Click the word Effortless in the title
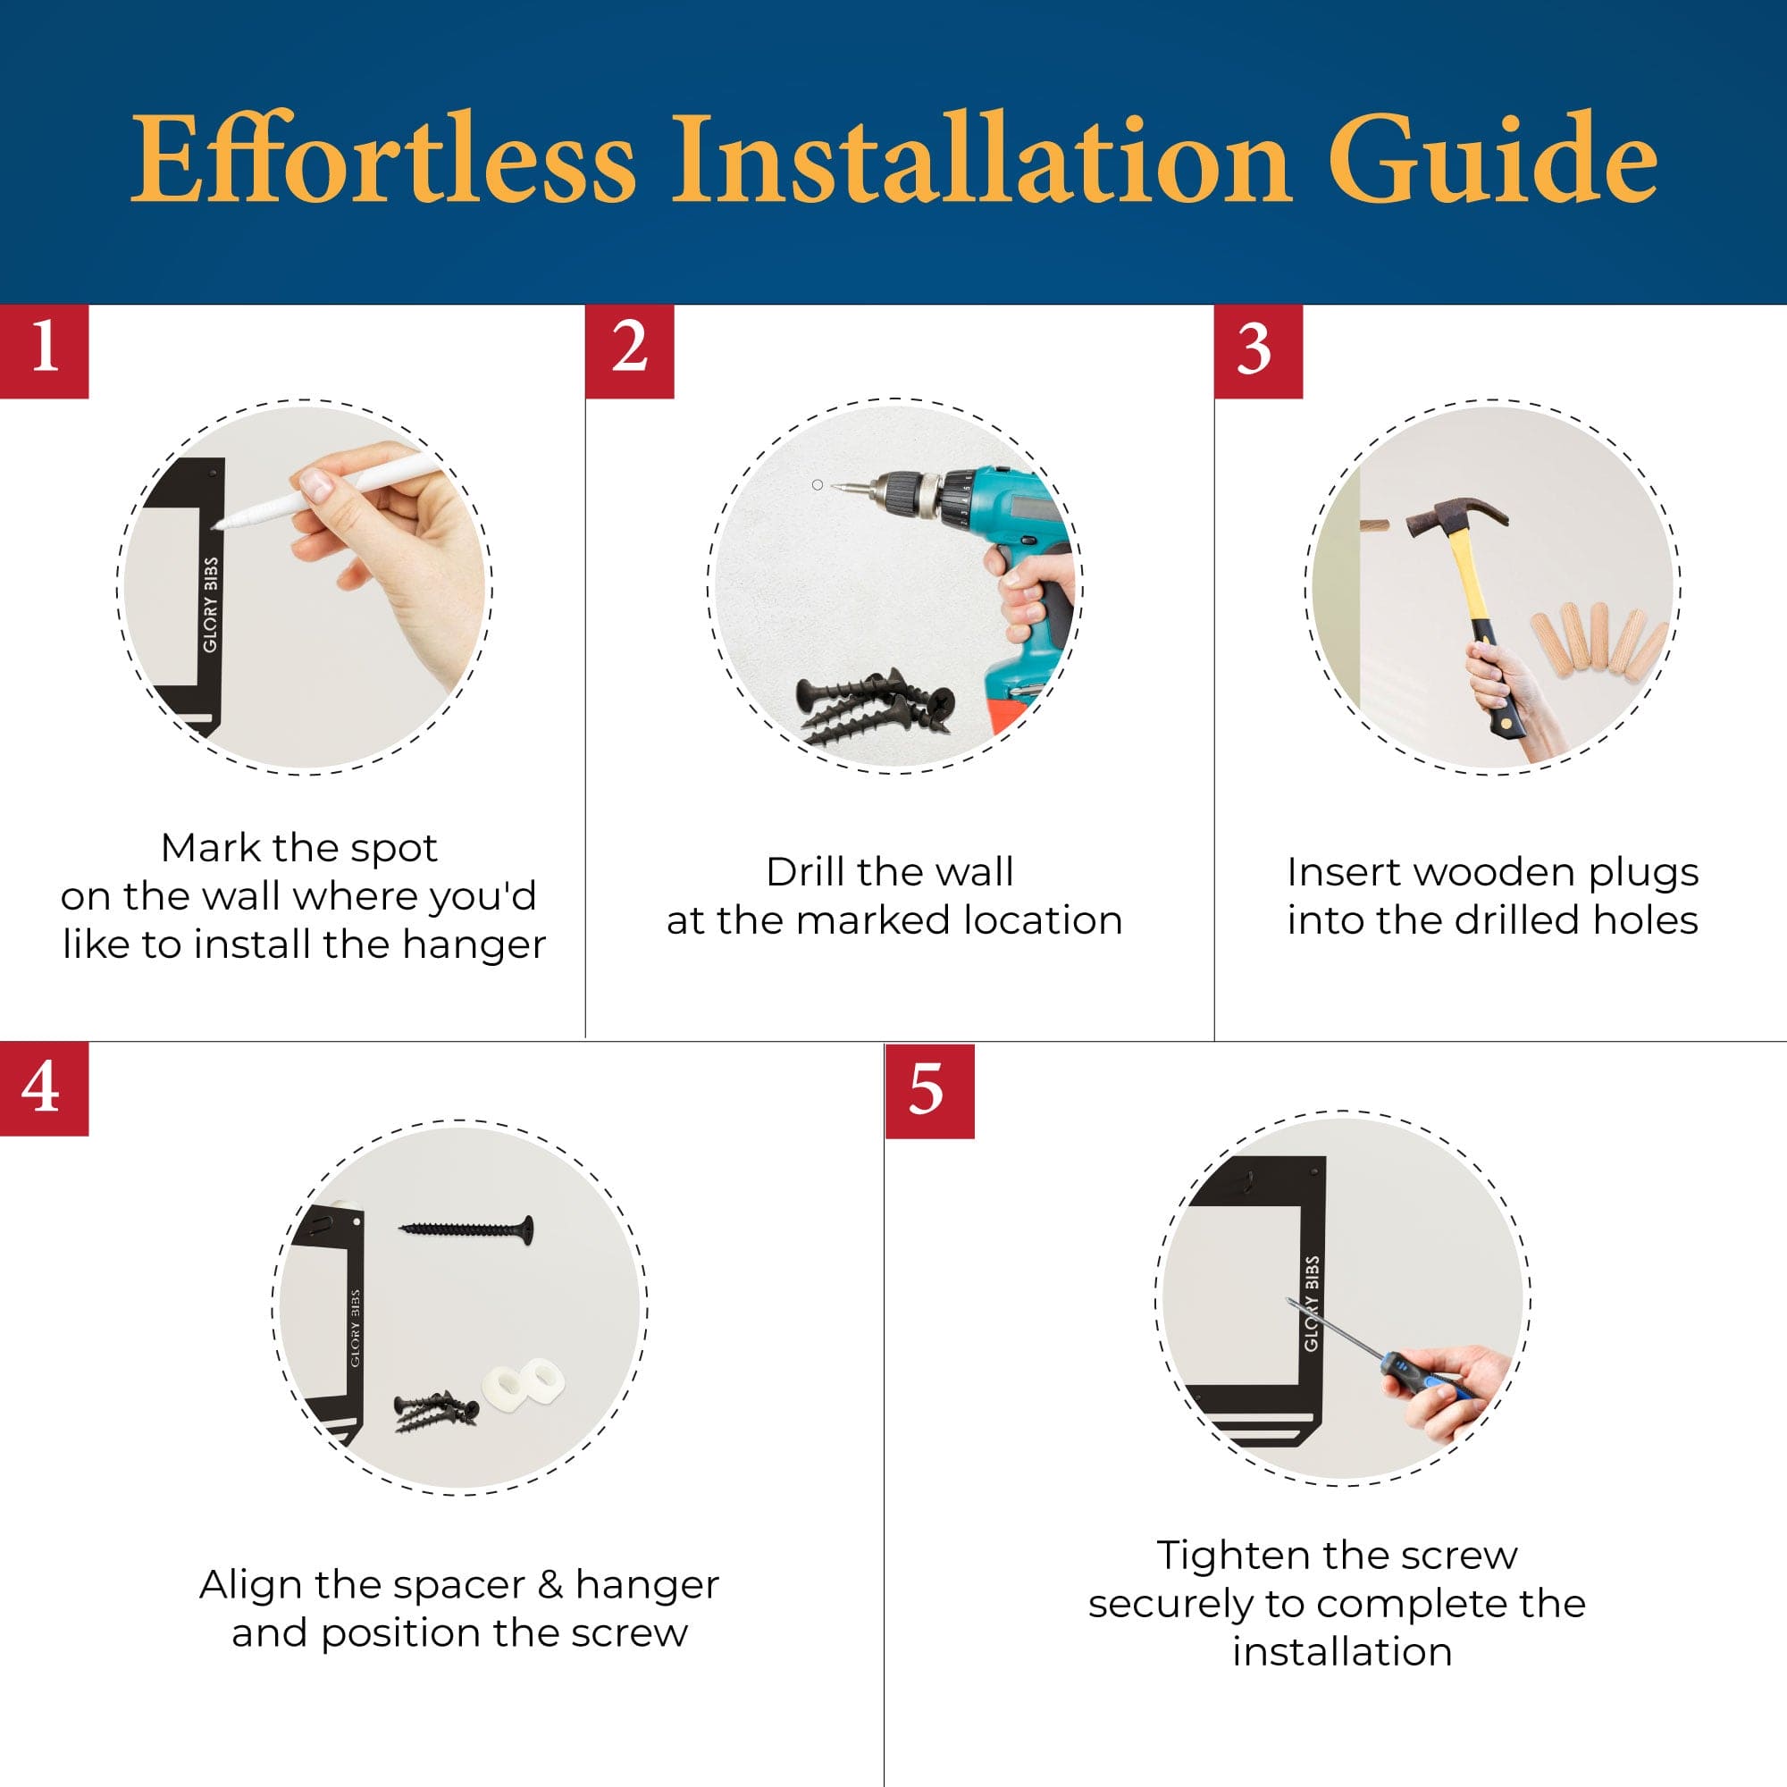point(384,158)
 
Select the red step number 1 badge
point(45,350)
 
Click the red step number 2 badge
point(629,350)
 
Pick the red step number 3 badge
point(1258,350)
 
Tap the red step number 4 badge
point(45,1088)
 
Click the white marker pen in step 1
point(323,491)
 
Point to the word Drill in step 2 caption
point(808,871)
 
